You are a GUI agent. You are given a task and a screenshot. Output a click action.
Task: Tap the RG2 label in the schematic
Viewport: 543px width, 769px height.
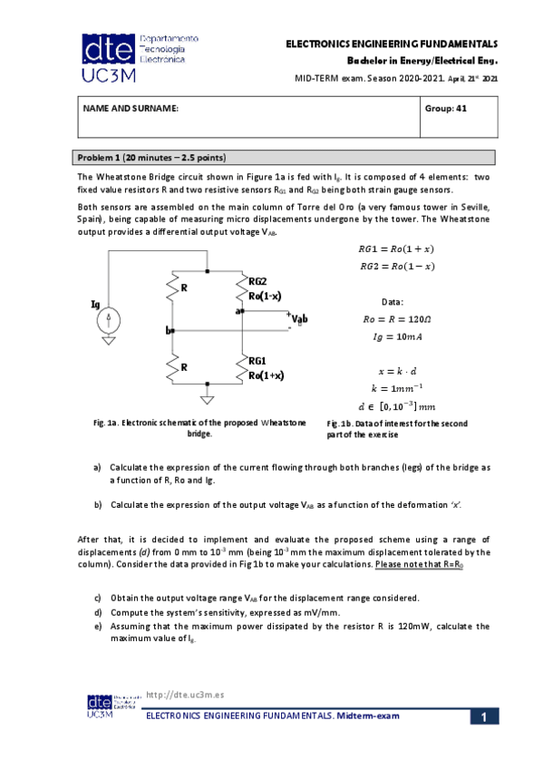[x=258, y=282]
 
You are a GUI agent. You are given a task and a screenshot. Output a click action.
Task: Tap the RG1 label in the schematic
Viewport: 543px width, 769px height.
[x=258, y=361]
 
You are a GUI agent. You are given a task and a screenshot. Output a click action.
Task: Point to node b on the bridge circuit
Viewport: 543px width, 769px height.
[x=170, y=331]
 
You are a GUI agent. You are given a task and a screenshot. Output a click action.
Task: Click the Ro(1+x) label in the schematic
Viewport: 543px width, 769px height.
[x=267, y=375]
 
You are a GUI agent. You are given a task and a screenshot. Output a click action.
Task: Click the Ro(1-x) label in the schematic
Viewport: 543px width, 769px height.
[x=265, y=296]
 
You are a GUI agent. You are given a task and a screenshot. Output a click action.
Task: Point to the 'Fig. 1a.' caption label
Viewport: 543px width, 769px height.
[x=107, y=423]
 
